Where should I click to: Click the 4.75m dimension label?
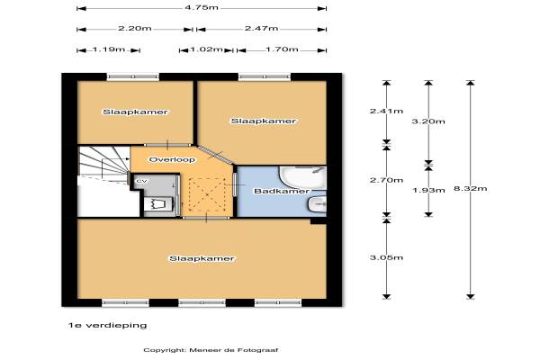click(x=202, y=7)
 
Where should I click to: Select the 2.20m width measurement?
click(x=135, y=28)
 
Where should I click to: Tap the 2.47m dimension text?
click(x=261, y=28)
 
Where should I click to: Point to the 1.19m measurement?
click(x=109, y=49)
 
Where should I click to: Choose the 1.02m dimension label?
click(x=206, y=49)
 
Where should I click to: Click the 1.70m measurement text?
click(x=282, y=49)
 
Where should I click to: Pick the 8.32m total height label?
click(x=471, y=188)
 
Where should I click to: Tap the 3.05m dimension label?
click(x=386, y=257)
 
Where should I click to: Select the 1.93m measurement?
click(x=428, y=190)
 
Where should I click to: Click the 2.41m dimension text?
click(x=386, y=111)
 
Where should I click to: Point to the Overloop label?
click(x=172, y=159)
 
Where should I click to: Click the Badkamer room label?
click(x=282, y=191)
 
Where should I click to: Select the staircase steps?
click(x=103, y=161)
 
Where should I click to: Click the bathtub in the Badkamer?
click(x=303, y=178)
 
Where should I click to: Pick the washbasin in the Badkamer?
click(x=317, y=204)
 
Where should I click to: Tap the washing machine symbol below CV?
click(x=158, y=203)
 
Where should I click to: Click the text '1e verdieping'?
click(x=107, y=325)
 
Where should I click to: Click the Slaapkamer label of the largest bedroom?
click(x=202, y=258)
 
